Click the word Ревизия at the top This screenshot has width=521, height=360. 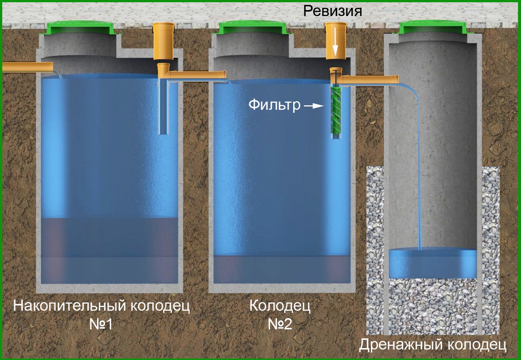pyautogui.click(x=333, y=11)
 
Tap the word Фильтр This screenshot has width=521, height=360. pyautogui.click(x=275, y=105)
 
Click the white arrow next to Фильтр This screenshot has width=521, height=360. pyautogui.click(x=314, y=106)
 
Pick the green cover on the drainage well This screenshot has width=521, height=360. pyautogui.click(x=432, y=27)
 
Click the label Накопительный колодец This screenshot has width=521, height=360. pyautogui.click(x=102, y=307)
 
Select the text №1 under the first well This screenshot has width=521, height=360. pyautogui.click(x=101, y=324)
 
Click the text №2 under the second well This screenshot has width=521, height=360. pyautogui.click(x=280, y=324)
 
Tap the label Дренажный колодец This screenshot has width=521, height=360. pyautogui.click(x=432, y=345)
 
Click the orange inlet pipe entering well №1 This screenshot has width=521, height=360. pyautogui.click(x=28, y=67)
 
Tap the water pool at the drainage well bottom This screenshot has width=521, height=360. pyautogui.click(x=432, y=264)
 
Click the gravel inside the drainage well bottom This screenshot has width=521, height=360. pyautogui.click(x=432, y=307)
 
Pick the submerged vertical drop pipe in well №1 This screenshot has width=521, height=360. pyautogui.click(x=164, y=106)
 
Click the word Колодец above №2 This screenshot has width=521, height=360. pyautogui.click(x=280, y=307)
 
